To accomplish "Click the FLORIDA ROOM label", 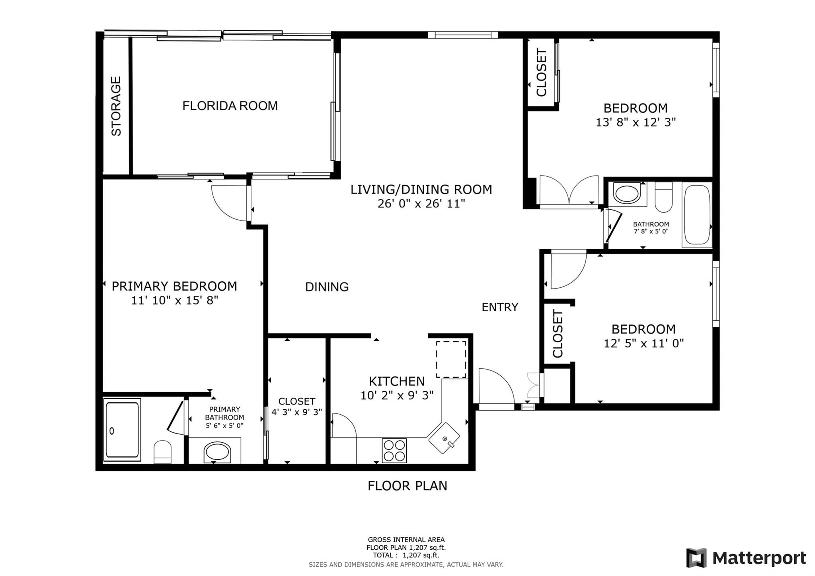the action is pos(230,106).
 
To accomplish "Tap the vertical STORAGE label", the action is pos(116,106).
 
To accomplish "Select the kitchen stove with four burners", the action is pos(394,450).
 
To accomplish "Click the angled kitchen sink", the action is pos(444,438).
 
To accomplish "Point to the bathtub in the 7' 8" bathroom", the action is pos(696,215).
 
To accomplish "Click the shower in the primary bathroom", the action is pos(122,430).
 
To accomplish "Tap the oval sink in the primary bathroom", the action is pos(217,453).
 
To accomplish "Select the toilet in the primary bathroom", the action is pos(162,452).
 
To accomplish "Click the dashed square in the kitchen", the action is pos(451,359).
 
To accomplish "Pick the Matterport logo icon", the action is pos(696,558).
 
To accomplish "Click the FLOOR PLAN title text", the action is pos(407,486).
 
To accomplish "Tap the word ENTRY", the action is pos(500,307).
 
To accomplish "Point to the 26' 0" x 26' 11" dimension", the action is pos(421,204).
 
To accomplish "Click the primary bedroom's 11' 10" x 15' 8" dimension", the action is pos(175,300).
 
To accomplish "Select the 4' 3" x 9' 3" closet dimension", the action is pos(296,412).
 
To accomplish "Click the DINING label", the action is pos(327,287).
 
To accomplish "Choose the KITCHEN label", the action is pos(397,381).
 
